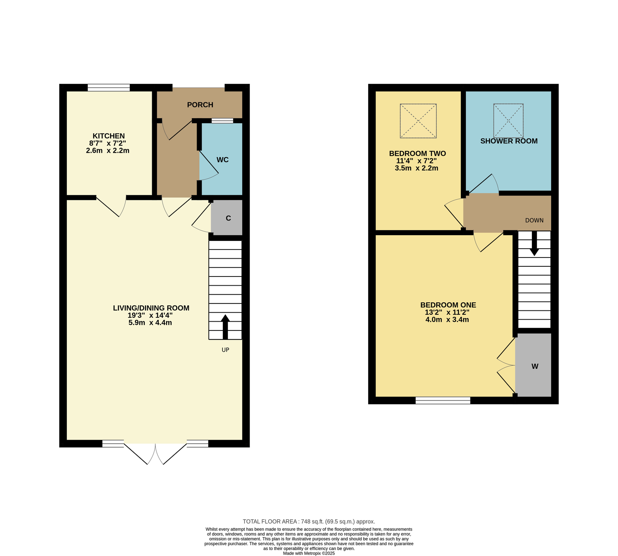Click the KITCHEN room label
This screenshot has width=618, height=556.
click(109, 136)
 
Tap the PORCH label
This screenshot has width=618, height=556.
click(200, 105)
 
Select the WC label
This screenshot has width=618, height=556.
click(222, 160)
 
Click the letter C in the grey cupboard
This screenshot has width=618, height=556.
click(228, 218)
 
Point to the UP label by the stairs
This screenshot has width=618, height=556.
click(225, 350)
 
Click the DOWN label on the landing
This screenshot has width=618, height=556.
click(534, 220)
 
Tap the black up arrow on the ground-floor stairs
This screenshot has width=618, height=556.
click(225, 327)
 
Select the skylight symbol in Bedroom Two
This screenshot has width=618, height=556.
click(418, 120)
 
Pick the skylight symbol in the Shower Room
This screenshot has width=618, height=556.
click(508, 120)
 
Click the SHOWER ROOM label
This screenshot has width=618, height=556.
click(509, 141)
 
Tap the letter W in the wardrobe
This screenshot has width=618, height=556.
click(535, 366)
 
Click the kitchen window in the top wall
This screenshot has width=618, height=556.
click(109, 88)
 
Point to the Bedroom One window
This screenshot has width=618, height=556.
click(443, 400)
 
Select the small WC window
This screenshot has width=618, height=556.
click(222, 120)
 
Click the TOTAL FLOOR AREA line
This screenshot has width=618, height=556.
click(309, 521)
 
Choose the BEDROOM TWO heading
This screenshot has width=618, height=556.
click(417, 154)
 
